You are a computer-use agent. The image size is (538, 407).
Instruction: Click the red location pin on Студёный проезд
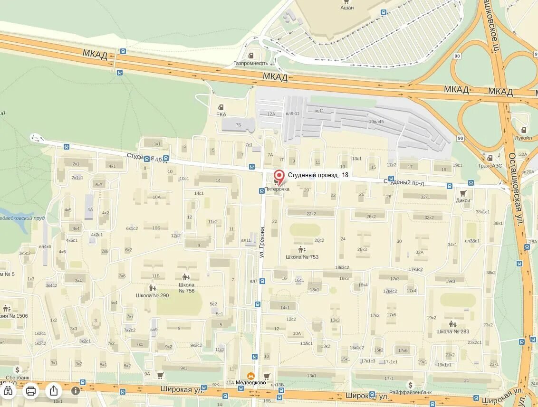click(280, 176)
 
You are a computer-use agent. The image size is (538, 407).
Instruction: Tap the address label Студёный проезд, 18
click(317, 175)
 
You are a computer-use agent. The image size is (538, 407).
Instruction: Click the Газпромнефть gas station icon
click(251, 55)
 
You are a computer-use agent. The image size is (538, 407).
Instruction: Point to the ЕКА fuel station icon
click(221, 107)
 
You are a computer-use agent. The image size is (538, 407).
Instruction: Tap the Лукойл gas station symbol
click(523, 130)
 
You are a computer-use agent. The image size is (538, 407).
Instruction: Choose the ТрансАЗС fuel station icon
click(490, 158)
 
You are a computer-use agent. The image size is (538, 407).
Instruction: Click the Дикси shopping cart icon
click(462, 193)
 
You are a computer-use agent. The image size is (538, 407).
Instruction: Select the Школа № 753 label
click(302, 257)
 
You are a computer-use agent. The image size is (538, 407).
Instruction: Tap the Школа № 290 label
click(152, 295)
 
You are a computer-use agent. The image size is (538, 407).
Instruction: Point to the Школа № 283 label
click(452, 331)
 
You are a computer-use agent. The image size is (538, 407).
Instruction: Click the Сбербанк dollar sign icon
click(18, 370)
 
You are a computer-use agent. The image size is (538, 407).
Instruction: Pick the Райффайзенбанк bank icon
click(410, 385)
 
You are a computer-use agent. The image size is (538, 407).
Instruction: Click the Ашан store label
click(347, 8)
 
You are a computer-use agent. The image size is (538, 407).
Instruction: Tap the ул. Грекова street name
click(261, 237)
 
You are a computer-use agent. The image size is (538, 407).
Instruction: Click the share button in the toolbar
click(54, 390)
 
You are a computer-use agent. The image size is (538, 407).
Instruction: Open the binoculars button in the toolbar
click(8, 390)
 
